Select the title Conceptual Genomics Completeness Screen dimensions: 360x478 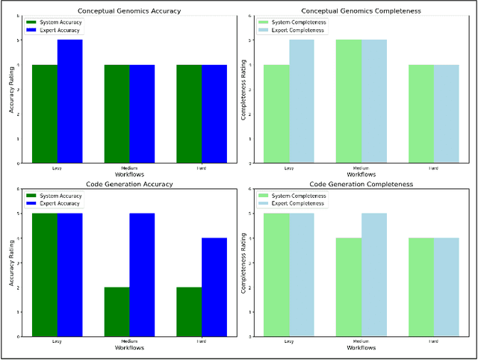tap(361, 10)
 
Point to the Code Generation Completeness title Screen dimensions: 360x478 tap(361, 184)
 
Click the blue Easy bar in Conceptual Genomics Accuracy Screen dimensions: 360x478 tap(69, 101)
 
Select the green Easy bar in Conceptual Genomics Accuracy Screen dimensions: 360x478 tap(44, 114)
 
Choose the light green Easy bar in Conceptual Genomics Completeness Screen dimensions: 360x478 tap(276, 114)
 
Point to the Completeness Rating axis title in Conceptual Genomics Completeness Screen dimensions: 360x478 tap(244, 90)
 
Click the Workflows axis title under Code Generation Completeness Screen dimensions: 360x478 tap(361, 348)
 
